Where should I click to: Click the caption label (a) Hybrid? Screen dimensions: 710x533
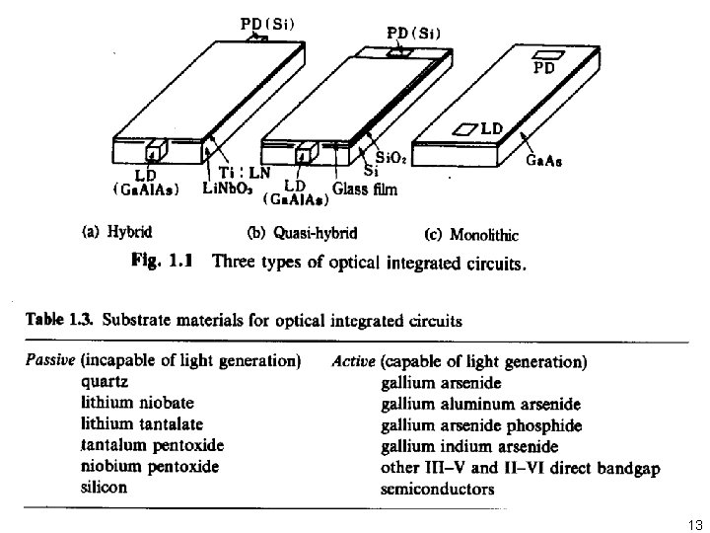tap(117, 234)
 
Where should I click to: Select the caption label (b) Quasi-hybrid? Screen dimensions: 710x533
tap(301, 234)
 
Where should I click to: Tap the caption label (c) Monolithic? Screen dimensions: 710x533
tap(470, 234)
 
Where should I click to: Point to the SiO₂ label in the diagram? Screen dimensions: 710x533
tap(390, 156)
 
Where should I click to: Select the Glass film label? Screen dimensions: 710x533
tap(364, 190)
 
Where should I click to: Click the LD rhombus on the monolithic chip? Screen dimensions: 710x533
tap(465, 129)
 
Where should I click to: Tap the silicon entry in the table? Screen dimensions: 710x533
tap(105, 487)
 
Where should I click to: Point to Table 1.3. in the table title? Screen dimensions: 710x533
tap(60, 320)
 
